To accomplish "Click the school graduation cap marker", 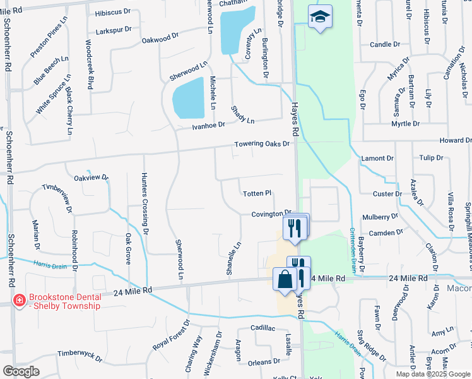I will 320,17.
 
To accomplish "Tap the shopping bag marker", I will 285,279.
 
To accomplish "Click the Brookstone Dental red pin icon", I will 20,301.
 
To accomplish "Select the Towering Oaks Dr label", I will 262,144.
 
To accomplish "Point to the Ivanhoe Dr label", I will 209,126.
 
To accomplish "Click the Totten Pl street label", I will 257,193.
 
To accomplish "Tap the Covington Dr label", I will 271,214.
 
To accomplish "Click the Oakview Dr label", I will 91,178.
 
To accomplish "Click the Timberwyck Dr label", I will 80,356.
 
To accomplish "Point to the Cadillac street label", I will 264,328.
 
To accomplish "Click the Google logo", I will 21,371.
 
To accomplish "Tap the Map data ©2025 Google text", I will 433,374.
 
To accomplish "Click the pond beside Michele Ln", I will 189,98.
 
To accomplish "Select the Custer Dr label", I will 387,193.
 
